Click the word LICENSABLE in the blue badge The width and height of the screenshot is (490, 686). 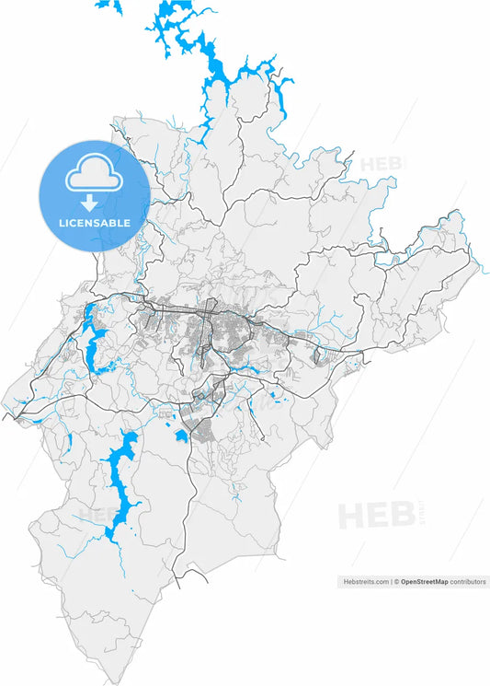(x=94, y=223)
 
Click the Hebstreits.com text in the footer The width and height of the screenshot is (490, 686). (x=365, y=582)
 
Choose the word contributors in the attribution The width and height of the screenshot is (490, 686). (x=468, y=582)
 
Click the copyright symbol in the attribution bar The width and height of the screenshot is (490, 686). (x=396, y=582)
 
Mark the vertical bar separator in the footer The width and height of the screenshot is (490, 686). (x=391, y=582)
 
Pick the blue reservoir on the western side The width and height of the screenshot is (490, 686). (x=93, y=336)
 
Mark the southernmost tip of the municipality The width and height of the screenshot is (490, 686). (x=118, y=681)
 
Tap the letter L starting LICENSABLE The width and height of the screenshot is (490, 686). (x=62, y=223)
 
